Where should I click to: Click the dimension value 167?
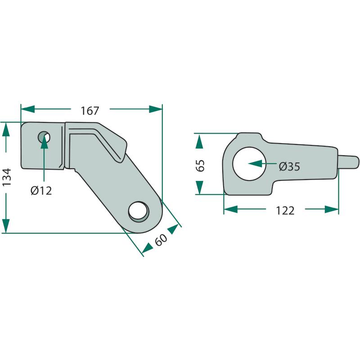tap(90, 111)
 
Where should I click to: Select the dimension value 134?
tap(6, 177)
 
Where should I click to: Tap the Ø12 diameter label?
tap(41, 190)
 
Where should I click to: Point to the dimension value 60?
tap(161, 240)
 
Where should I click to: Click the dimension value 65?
tap(200, 166)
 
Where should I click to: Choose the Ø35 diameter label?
tap(289, 166)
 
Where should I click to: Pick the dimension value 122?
tap(285, 211)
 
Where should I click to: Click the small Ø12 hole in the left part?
tap(44, 138)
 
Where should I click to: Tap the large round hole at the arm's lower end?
tap(139, 211)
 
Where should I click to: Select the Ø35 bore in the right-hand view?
tap(249, 164)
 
